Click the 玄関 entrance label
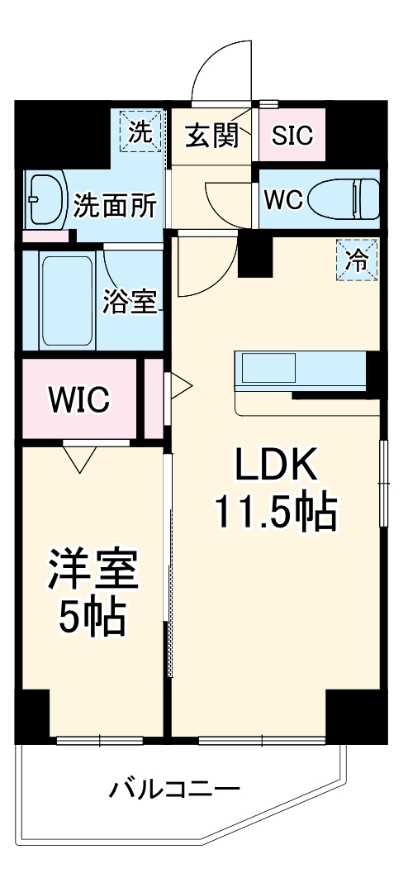point(210,134)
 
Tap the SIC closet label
point(292,135)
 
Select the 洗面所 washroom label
point(114,205)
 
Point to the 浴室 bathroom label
point(129,303)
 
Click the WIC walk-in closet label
point(78,399)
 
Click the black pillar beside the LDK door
point(254,255)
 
